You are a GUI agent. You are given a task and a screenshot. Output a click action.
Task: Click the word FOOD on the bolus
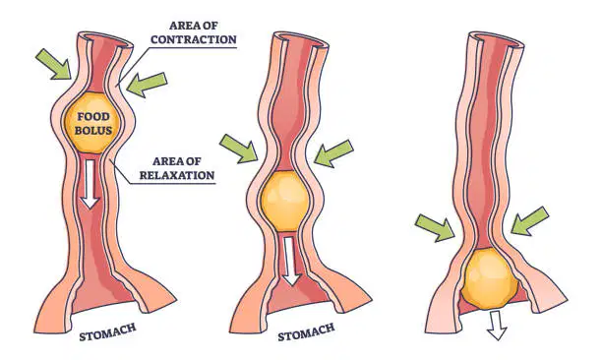tap(93, 116)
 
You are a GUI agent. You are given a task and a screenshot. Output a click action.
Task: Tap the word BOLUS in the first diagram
tap(93, 130)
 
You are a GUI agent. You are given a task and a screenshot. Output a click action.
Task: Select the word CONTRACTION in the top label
tap(194, 39)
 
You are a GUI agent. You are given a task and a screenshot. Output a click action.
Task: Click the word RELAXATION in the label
tap(177, 175)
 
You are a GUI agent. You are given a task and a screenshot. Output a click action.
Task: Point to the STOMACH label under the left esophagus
tap(107, 332)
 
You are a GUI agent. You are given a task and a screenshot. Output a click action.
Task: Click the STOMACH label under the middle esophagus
tap(306, 332)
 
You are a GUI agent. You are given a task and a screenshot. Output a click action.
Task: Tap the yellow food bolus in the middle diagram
tap(284, 201)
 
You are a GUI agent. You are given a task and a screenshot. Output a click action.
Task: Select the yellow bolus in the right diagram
tap(490, 278)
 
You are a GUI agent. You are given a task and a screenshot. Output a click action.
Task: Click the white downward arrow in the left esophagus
tap(90, 184)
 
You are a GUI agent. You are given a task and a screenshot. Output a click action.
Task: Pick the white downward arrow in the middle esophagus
tap(291, 261)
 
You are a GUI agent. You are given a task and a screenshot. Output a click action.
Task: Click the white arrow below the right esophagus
tap(497, 326)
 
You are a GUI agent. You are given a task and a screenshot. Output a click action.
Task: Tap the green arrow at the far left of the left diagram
tap(54, 65)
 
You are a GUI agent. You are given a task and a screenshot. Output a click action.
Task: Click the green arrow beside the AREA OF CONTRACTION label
tap(147, 84)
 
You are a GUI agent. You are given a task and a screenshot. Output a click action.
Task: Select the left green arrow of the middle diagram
tap(238, 149)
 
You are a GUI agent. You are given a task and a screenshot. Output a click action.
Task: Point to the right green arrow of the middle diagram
tap(333, 153)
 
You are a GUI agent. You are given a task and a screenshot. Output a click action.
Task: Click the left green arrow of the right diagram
tap(436, 228)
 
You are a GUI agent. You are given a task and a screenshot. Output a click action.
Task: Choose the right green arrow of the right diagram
tap(530, 220)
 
